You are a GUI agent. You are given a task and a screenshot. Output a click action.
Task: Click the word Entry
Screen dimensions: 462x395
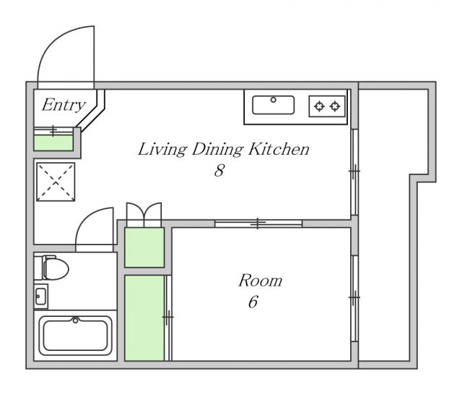[x=64, y=106]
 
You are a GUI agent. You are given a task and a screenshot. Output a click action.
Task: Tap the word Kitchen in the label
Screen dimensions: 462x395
[x=279, y=149]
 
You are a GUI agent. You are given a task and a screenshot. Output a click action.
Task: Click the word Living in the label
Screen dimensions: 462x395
[x=162, y=150]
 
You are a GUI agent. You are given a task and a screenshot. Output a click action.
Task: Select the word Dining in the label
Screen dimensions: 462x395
[x=217, y=150]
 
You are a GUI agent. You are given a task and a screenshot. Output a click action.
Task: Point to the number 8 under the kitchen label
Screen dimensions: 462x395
[x=219, y=170]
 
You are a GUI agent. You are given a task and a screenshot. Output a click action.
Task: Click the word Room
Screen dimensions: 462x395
[x=260, y=281]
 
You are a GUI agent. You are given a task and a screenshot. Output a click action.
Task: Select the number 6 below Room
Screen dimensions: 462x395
[x=253, y=302]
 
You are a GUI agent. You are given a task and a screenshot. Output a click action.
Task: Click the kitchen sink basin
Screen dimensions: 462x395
[x=273, y=105]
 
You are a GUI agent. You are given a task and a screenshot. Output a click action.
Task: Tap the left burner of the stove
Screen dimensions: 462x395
[x=319, y=106]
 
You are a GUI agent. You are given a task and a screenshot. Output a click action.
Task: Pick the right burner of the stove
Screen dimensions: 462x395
[x=335, y=106]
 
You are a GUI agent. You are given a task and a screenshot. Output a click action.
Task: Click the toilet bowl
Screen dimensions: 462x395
[x=56, y=268]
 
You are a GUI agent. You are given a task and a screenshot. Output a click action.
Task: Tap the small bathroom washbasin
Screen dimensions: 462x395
[x=40, y=296]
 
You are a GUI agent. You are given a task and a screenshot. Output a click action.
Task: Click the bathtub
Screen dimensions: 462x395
[x=75, y=336]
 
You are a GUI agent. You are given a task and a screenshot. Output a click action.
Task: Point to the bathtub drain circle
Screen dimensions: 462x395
[x=75, y=320]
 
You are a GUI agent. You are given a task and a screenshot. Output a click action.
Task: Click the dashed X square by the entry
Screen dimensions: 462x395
[x=56, y=182]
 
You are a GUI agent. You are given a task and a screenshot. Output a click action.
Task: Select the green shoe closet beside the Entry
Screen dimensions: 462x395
[x=53, y=143]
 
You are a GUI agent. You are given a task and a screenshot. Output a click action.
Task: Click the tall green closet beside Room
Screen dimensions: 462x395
[x=144, y=318]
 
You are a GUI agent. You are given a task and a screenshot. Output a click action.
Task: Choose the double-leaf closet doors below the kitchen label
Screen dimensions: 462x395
[x=144, y=214]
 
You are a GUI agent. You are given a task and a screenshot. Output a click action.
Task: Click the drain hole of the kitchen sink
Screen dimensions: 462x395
[x=274, y=100]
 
